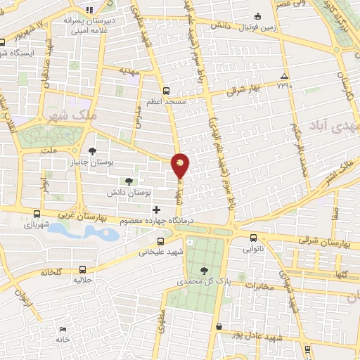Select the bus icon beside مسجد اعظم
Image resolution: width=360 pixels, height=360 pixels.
(166, 91)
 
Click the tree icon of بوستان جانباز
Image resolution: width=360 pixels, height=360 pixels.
(92, 150)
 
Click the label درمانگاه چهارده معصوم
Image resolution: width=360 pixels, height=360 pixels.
(156, 221)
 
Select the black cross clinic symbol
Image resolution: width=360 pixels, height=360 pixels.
(156, 209)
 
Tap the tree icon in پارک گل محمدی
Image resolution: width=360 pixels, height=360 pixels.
(204, 271)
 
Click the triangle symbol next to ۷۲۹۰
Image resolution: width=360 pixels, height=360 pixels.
(284, 76)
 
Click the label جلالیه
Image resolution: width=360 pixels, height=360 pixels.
(84, 280)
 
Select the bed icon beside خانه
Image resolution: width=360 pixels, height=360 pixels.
(63, 329)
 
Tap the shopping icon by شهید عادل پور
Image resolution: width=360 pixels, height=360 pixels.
(219, 327)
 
